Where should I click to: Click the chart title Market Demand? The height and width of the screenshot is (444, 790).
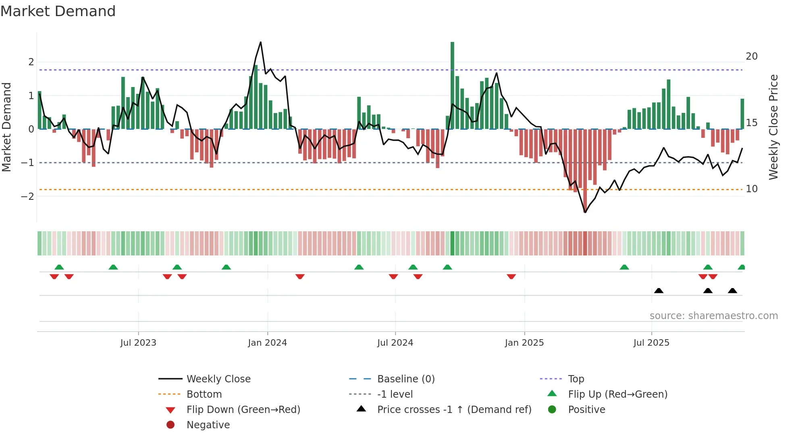[58, 11]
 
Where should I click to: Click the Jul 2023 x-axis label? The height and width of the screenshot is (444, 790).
[138, 343]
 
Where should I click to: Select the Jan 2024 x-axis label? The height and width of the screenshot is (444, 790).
[267, 343]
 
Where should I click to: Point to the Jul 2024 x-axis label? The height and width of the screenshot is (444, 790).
[395, 343]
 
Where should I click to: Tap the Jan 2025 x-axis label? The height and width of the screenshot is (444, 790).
[524, 343]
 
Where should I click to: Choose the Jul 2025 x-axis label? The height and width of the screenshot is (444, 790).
[651, 343]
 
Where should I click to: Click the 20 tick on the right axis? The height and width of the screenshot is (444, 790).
[751, 56]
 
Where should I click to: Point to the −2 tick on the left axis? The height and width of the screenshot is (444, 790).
[27, 197]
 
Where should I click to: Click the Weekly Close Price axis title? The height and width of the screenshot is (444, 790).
[773, 127]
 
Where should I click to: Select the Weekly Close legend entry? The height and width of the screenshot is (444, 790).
[218, 379]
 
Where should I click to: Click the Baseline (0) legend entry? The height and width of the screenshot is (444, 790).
[405, 379]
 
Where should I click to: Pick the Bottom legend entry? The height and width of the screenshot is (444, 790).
[204, 394]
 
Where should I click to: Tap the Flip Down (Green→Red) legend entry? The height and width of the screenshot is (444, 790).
[243, 410]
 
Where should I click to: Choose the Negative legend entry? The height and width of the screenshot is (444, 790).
[208, 425]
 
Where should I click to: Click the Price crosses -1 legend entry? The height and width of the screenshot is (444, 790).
[454, 410]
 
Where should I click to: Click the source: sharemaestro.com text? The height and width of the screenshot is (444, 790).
[713, 316]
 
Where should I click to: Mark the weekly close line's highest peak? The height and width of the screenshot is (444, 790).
[261, 42]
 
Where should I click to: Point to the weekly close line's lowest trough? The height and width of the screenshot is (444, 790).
[585, 212]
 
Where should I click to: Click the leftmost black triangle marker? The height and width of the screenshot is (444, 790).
[659, 290]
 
